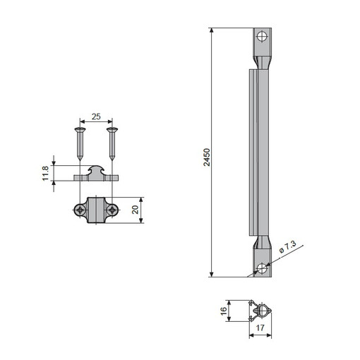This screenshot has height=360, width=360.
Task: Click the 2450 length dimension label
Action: click(207, 157)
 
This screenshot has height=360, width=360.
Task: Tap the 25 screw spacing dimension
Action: click(96, 116)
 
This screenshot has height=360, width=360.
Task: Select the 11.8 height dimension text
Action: click(45, 173)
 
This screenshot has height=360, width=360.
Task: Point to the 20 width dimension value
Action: click(135, 210)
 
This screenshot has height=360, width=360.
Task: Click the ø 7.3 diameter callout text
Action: click(287, 247)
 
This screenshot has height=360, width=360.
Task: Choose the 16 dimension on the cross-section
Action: click(224, 311)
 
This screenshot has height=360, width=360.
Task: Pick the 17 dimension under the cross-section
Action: click(260, 328)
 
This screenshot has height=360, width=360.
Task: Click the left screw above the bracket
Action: click(80, 143)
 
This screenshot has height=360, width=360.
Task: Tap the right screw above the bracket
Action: click(112, 143)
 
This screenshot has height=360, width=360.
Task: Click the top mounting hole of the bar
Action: click(262, 37)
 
